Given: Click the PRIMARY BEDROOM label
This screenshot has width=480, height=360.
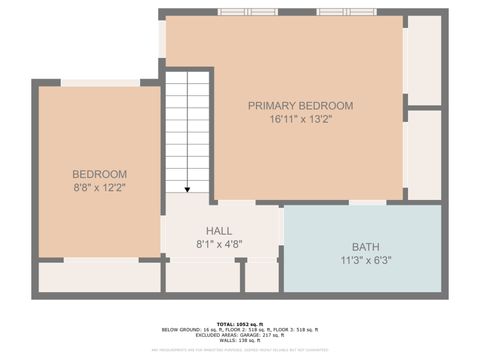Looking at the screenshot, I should [300, 105].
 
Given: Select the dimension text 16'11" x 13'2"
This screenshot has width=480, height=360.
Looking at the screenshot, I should [300, 119].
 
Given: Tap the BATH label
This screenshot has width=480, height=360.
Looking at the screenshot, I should [365, 247].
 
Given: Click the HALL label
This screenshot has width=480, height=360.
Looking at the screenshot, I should [220, 230].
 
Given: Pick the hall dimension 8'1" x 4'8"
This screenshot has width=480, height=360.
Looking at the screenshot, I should [220, 243].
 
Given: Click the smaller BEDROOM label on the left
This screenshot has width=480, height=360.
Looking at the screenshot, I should [98, 173].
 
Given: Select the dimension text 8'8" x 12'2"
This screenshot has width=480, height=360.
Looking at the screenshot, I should [98, 186].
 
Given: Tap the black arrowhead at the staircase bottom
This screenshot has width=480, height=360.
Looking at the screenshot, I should [187, 188].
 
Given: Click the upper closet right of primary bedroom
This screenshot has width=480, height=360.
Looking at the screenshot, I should [424, 60].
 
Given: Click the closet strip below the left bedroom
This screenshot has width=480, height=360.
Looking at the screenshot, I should [98, 277].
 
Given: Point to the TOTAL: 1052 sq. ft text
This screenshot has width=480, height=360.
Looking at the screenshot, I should [240, 324].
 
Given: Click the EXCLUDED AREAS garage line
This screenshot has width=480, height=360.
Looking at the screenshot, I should [240, 335].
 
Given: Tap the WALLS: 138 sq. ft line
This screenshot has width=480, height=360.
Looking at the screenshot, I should [240, 341].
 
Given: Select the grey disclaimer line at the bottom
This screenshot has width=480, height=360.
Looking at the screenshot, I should [240, 350].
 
